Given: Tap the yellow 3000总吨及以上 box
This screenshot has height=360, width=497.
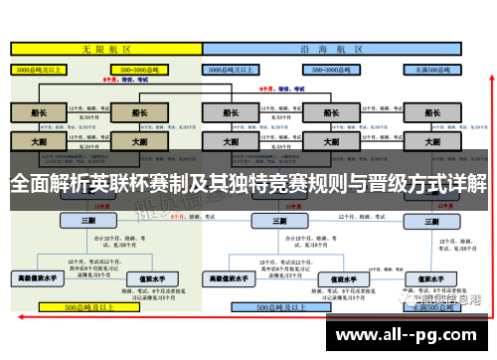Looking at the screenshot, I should pyautogui.click(x=39, y=70).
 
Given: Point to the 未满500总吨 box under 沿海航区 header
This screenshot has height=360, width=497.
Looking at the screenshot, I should pyautogui.click(x=436, y=70).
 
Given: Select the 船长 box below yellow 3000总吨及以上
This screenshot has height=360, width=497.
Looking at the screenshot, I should pyautogui.click(x=39, y=112).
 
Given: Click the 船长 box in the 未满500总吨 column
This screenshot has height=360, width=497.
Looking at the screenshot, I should pyautogui.click(x=436, y=112).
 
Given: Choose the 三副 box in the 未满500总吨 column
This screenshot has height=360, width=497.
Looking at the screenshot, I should pyautogui.click(x=436, y=220).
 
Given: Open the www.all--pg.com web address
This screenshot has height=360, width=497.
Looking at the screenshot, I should pyautogui.click(x=414, y=332).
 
